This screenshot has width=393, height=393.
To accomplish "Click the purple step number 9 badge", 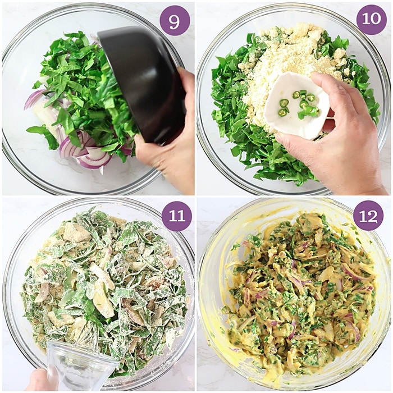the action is tap(175, 21).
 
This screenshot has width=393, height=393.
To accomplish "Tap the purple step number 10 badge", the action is tap(372, 20).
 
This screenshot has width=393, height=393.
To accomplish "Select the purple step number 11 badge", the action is tap(177, 216).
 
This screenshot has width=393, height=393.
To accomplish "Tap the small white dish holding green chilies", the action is tap(297, 105).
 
